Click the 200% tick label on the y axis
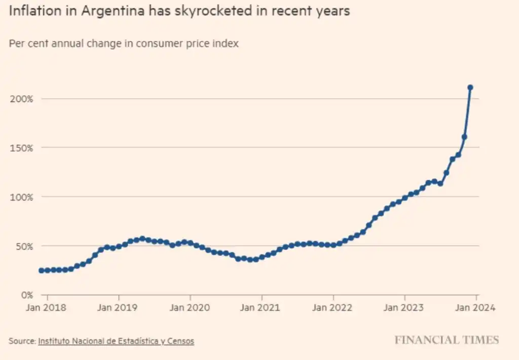click(x=21, y=99)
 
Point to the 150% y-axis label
click(x=21, y=148)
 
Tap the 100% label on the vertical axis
click(x=21, y=197)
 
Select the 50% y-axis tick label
click(x=23, y=246)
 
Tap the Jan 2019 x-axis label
click(x=119, y=307)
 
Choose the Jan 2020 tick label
click(x=190, y=307)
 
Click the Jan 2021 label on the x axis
click(x=262, y=307)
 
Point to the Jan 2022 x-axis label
click(x=333, y=307)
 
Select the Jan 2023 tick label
click(x=404, y=307)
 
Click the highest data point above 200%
click(x=470, y=88)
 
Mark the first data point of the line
click(x=41, y=271)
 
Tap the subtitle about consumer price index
click(x=124, y=44)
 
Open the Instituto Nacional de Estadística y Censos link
click(x=116, y=341)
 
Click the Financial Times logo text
click(x=447, y=340)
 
